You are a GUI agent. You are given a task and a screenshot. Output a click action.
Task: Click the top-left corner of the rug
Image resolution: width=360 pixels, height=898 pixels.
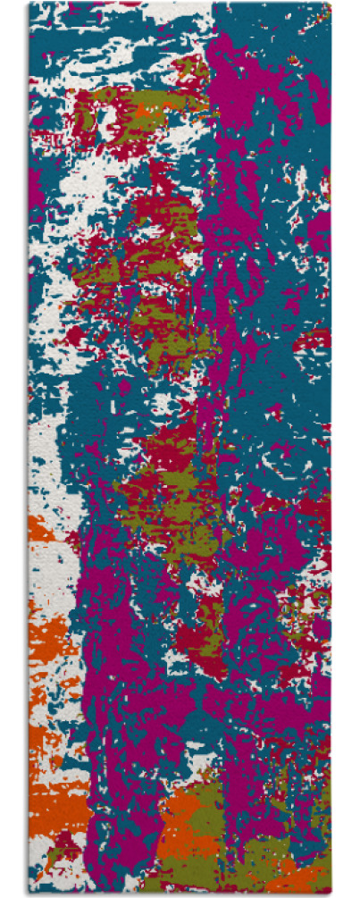tap(29, 4)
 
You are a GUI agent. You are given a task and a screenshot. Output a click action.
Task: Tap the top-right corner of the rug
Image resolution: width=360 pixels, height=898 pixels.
tap(330, 4)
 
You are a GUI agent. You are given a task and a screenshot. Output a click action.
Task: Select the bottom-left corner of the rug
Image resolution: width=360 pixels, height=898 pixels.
tap(29, 894)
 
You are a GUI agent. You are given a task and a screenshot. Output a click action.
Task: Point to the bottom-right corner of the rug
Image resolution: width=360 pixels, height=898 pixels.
tap(330, 894)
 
